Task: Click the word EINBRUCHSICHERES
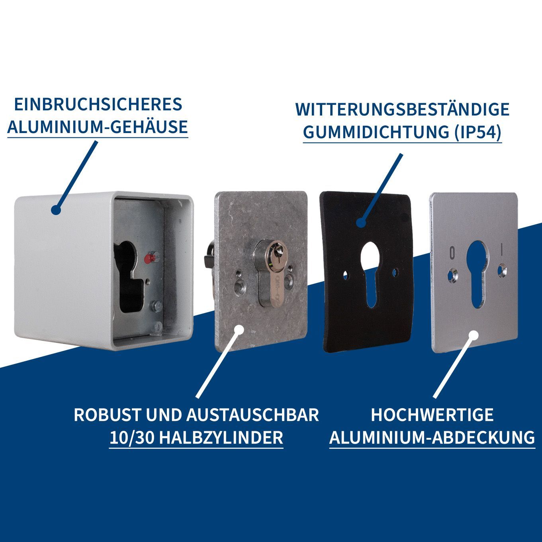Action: coord(98,104)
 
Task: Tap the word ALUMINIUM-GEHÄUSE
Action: coord(98,127)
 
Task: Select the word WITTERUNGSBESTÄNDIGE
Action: coord(403,109)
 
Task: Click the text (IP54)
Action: coord(478,132)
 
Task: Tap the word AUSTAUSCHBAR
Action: coord(252,415)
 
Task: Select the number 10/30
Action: coord(132,438)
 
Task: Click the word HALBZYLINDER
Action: coord(222,438)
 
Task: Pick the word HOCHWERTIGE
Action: coord(432,415)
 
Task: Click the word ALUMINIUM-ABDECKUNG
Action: coord(432,438)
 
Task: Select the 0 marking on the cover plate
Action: coord(452,253)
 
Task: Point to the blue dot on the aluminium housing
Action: coord(56,210)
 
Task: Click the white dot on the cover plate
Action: coord(474,336)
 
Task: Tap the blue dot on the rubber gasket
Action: coord(361,223)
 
